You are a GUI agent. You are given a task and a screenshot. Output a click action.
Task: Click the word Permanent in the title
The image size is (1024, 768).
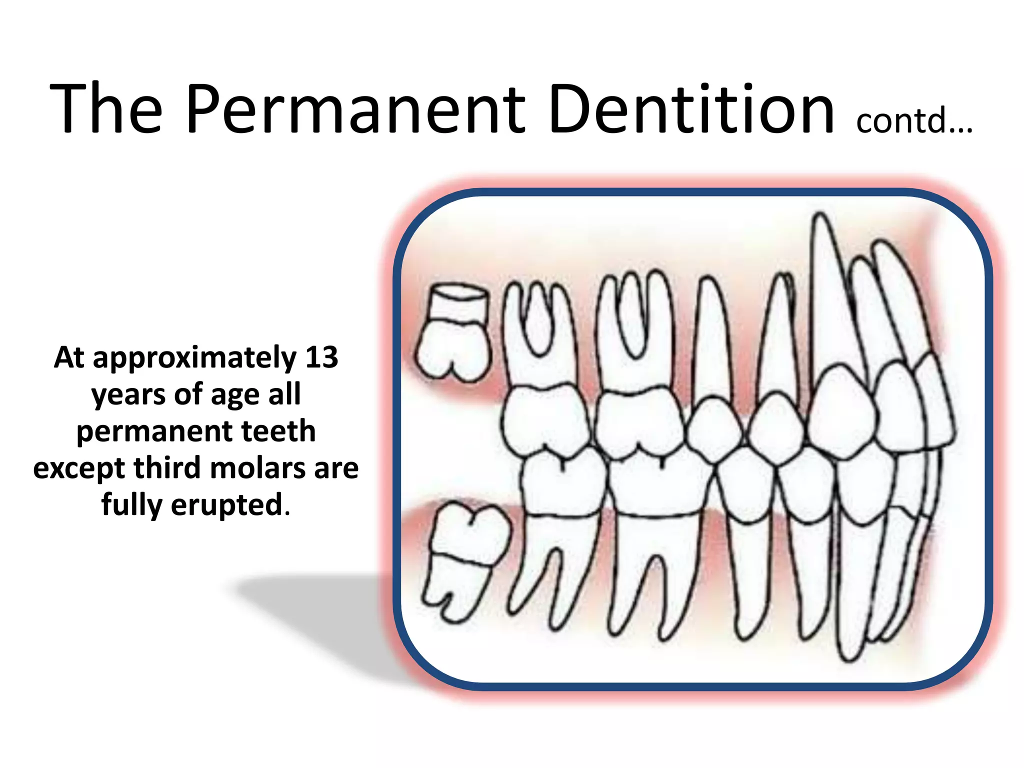(x=355, y=110)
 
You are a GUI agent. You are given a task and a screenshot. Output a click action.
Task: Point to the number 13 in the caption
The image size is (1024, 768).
(x=321, y=357)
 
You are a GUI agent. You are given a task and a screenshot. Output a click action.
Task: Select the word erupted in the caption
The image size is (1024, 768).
(x=227, y=505)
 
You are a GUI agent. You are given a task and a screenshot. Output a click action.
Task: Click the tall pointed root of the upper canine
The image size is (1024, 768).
(x=827, y=290)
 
